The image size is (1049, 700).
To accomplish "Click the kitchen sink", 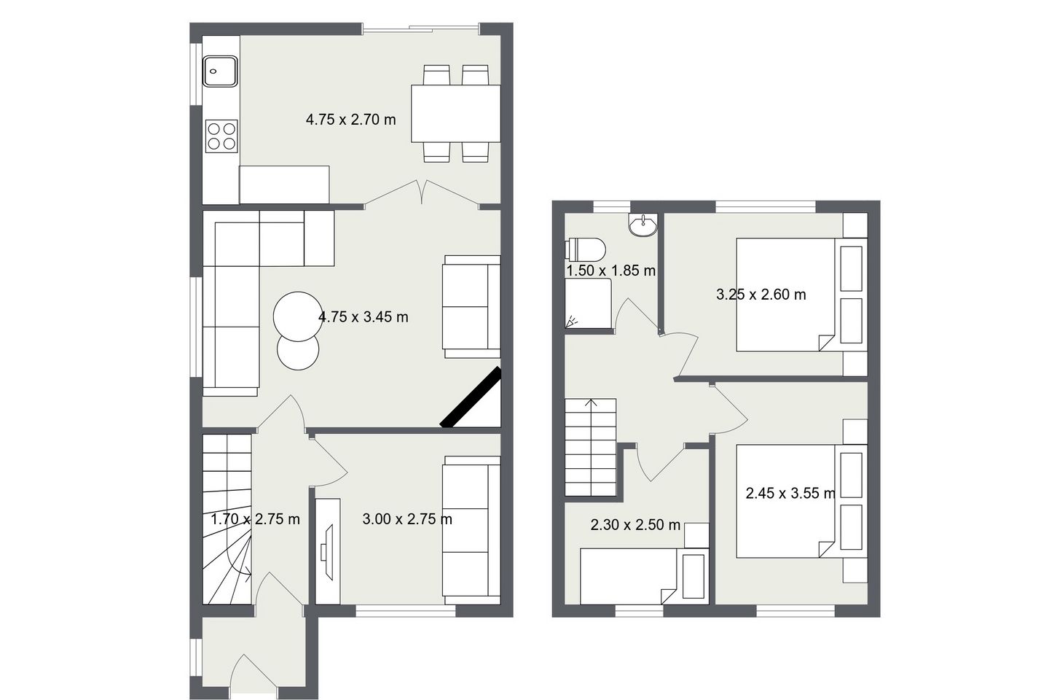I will click(x=221, y=71).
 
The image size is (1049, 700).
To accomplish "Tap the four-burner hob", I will click(x=221, y=135).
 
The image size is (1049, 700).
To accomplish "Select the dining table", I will click(x=455, y=113).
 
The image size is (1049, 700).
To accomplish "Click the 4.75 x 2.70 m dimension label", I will click(x=350, y=120).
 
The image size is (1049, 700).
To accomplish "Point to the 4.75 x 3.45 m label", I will click(x=363, y=317).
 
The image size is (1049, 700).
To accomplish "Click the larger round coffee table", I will click(x=296, y=316).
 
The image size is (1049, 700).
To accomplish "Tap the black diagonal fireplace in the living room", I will click(x=472, y=397).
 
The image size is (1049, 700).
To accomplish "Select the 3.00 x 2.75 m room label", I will click(x=407, y=519).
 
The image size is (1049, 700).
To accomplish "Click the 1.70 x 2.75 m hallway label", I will click(x=255, y=519).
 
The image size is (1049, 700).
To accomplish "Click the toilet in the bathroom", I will click(x=586, y=249).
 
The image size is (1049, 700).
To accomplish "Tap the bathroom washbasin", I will click(x=642, y=225).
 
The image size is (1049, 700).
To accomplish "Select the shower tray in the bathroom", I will click(x=588, y=304).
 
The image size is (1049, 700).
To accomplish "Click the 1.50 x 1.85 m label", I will click(x=610, y=271).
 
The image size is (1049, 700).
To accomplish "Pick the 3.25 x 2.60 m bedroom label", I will click(x=761, y=295).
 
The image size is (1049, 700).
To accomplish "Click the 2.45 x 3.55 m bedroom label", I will click(x=790, y=494).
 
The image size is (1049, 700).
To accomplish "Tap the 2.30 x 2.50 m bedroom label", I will click(x=635, y=525).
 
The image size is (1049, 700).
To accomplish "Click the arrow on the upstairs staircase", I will click(x=591, y=403).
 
